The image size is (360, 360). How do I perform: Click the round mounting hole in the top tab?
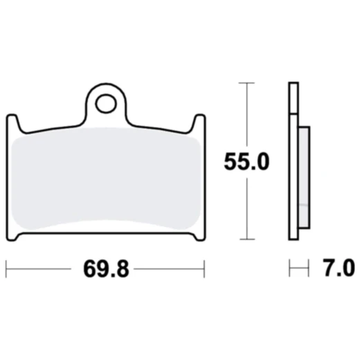pos(106,105)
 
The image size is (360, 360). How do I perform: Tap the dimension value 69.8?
pos(105,267)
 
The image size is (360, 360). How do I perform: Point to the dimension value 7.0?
pos(338,267)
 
